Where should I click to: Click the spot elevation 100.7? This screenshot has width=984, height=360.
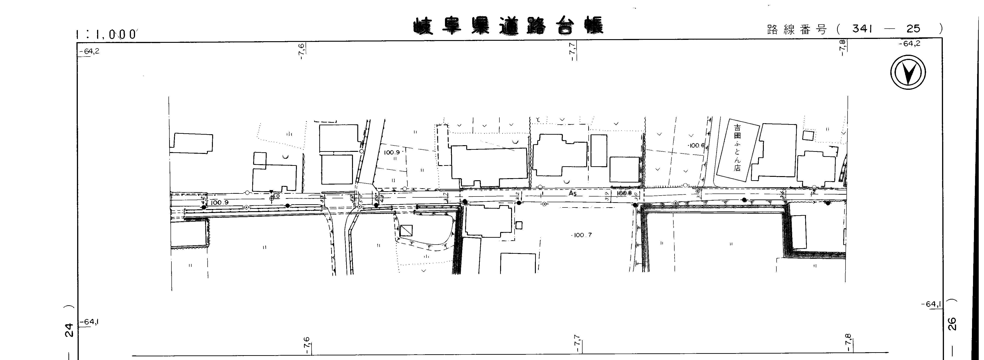click(x=582, y=235)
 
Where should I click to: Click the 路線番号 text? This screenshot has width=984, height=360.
click(x=796, y=29)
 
